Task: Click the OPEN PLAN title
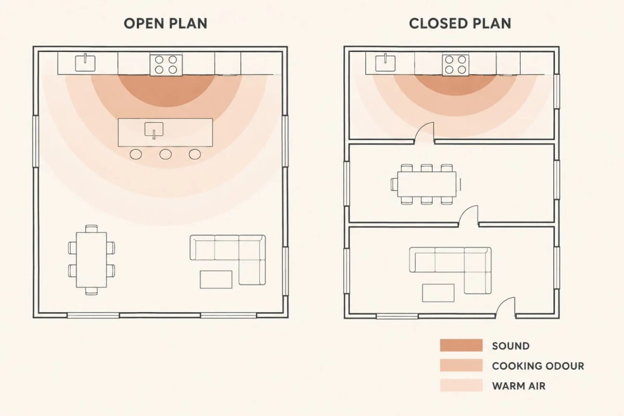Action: point(165,23)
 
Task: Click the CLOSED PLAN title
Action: point(460,23)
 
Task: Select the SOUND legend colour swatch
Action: point(461,345)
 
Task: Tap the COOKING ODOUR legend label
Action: point(538,366)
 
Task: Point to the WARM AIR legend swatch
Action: point(461,385)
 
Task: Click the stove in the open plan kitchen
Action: point(166,64)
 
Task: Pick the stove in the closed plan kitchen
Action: point(456,65)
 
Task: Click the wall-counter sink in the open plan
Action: point(85,63)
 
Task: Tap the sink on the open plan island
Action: point(154,130)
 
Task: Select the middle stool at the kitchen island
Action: point(165,154)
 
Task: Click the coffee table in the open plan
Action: point(216,279)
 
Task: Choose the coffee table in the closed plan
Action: point(438,293)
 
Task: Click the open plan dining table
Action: point(92,259)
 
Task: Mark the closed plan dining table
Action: point(427,184)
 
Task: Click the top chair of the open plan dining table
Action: point(92,228)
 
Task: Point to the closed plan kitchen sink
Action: point(385,63)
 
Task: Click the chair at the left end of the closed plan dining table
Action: point(394,184)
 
